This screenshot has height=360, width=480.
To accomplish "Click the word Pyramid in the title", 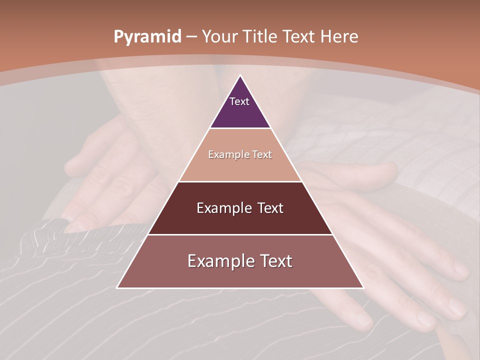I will click(147, 37).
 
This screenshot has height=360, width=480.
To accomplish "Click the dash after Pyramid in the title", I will click(191, 37).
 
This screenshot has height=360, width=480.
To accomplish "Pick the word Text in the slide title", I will click(299, 36).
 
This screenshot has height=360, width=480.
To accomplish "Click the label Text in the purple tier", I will click(239, 101).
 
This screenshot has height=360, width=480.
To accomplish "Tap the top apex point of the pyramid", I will click(240, 75).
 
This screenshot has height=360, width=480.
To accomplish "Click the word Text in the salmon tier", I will click(262, 154).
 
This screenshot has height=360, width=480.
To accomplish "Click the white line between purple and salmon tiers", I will click(240, 128).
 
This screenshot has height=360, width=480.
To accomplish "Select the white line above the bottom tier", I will click(240, 234).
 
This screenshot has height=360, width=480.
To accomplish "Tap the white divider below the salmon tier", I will click(240, 181).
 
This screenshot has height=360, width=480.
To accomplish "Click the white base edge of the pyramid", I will click(240, 288).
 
